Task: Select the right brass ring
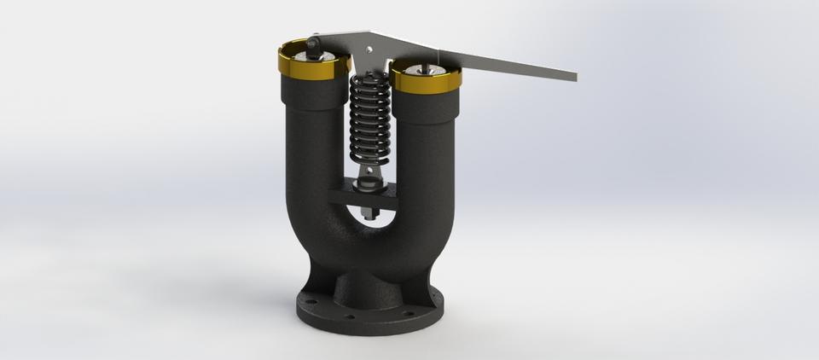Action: click(x=426, y=82)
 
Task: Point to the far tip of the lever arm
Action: click(x=573, y=76)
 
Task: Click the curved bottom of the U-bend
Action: click(x=367, y=247)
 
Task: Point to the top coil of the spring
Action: click(x=369, y=81)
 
